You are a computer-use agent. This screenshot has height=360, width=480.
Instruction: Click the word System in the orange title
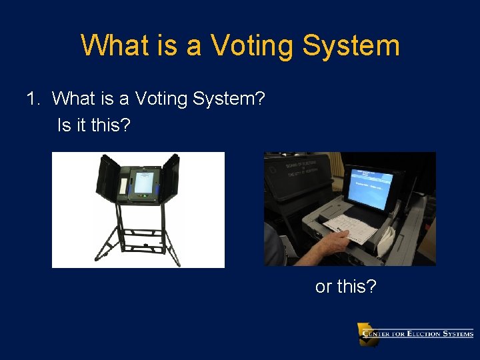click(351, 46)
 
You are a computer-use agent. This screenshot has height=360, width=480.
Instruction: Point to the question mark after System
click(261, 99)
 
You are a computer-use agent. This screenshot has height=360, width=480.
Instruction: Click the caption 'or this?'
click(345, 287)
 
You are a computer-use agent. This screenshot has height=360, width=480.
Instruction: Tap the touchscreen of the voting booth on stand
click(143, 181)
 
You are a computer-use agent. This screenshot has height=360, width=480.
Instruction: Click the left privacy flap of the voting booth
click(107, 177)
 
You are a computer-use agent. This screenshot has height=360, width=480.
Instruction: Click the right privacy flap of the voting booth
click(171, 177)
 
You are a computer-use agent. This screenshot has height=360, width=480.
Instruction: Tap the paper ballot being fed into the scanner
click(353, 227)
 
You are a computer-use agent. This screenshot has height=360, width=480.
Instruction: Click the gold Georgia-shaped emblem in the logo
click(367, 334)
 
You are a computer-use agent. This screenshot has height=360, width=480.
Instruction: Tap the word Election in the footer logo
click(427, 333)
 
